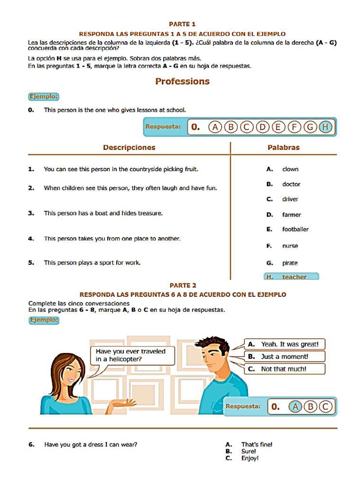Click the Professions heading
pos(182,82)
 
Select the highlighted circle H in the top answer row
pos(325,127)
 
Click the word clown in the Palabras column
pos(290,169)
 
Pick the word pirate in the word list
pos(290,263)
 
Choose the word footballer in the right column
pos(295,229)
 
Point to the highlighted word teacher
pos(294,277)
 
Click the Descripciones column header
pos(129,147)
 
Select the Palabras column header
pos(283,147)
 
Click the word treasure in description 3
pos(150,213)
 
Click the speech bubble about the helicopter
pos(130,355)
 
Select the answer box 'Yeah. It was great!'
pos(285,345)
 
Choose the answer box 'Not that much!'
pos(285,369)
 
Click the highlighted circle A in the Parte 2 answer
pos(295,406)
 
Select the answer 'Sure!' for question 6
pos(248,451)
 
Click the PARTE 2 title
pos(183,285)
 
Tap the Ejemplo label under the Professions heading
pos(44,97)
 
